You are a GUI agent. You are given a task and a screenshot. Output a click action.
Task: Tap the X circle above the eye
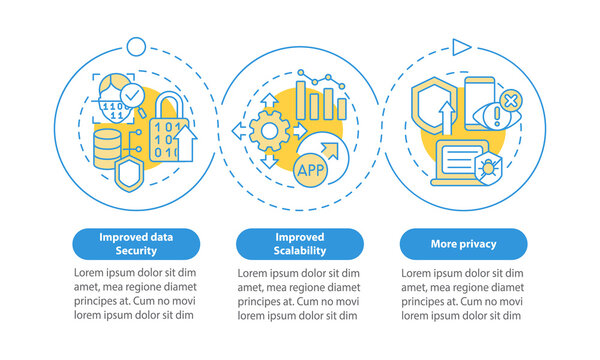click(x=509, y=100)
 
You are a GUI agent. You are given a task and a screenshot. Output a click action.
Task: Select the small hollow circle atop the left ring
click(x=135, y=46)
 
